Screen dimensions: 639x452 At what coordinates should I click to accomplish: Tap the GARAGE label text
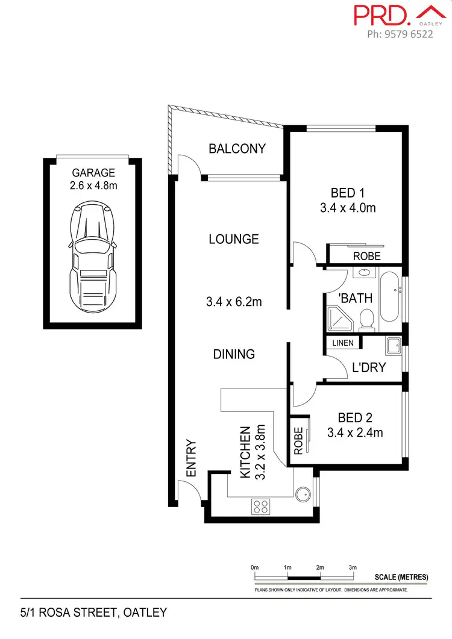tap(93, 173)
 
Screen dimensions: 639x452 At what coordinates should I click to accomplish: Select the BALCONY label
tap(237, 149)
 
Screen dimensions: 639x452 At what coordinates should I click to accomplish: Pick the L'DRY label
tap(368, 367)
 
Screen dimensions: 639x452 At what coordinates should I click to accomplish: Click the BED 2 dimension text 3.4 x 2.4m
tap(355, 432)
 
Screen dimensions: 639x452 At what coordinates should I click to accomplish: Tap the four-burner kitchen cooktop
tap(260, 507)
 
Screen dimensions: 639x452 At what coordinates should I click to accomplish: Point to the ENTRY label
tap(192, 459)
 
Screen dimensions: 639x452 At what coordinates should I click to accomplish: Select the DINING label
tap(234, 354)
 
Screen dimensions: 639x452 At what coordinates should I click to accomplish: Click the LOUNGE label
tap(234, 239)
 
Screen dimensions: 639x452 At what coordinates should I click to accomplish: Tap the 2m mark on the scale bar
tap(320, 567)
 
